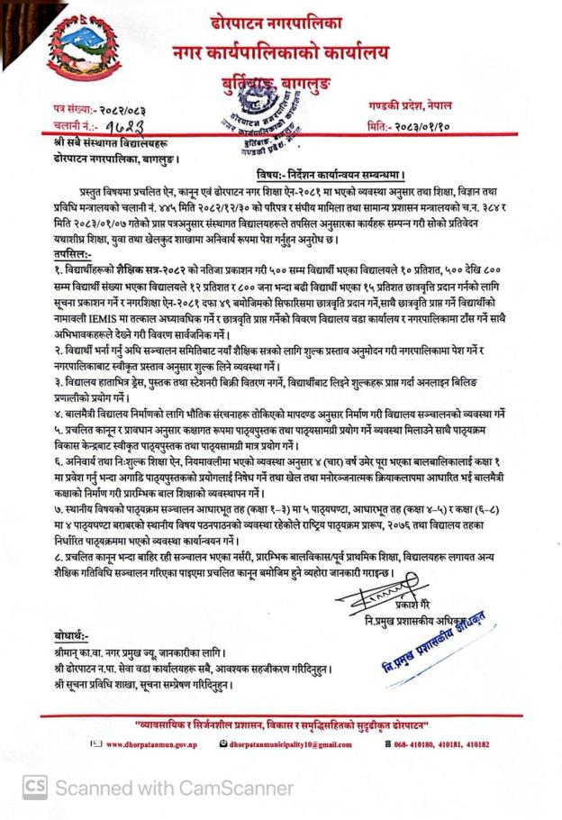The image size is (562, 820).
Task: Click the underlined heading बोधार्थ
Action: (72, 638)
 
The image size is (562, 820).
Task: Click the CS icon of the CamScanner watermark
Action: (35, 787)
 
